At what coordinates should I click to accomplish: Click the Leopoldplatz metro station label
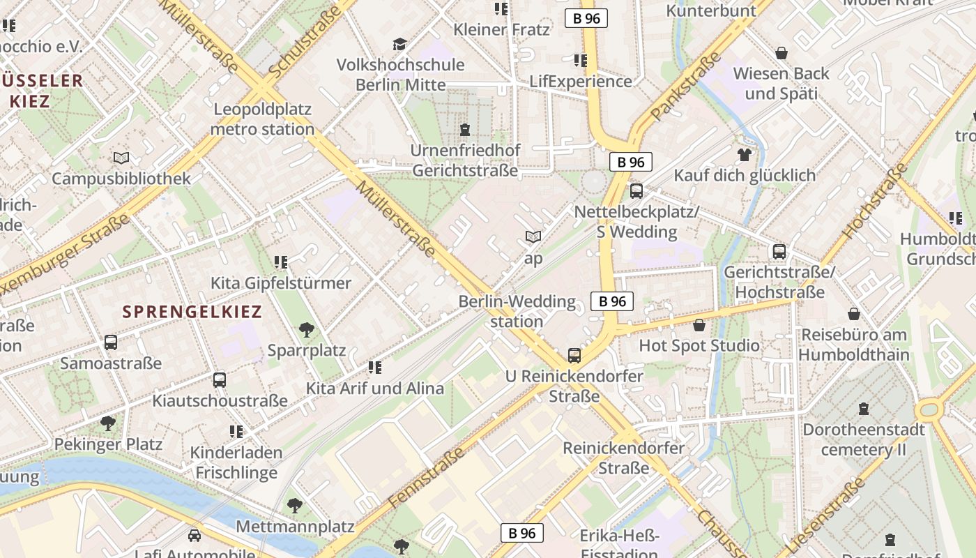[x=262, y=119]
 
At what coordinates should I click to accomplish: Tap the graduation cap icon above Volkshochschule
[x=399, y=45]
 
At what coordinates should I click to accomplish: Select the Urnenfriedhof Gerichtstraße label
[x=465, y=160]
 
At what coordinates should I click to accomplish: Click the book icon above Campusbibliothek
[x=121, y=158]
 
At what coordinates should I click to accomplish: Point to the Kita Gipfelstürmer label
[x=281, y=283]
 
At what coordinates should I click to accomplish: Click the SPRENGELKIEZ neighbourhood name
[x=192, y=312]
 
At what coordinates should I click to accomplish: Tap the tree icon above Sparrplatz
[x=306, y=330]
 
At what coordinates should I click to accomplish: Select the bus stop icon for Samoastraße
[x=111, y=342]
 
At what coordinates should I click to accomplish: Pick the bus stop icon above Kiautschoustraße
[x=220, y=380]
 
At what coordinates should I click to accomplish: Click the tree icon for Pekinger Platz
[x=108, y=423]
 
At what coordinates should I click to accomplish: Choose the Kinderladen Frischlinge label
[x=236, y=462]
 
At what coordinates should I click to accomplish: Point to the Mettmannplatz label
[x=295, y=526]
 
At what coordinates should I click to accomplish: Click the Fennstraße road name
[x=427, y=478]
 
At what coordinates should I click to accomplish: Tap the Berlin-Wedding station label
[x=517, y=312]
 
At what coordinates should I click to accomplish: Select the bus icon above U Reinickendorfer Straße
[x=574, y=356]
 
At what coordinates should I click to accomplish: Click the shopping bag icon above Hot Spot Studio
[x=699, y=325]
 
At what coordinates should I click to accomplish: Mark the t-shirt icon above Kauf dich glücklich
[x=745, y=155]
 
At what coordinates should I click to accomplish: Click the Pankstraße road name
[x=686, y=86]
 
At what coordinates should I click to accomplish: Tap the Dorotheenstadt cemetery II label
[x=864, y=439]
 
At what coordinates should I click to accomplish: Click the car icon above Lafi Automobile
[x=195, y=536]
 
